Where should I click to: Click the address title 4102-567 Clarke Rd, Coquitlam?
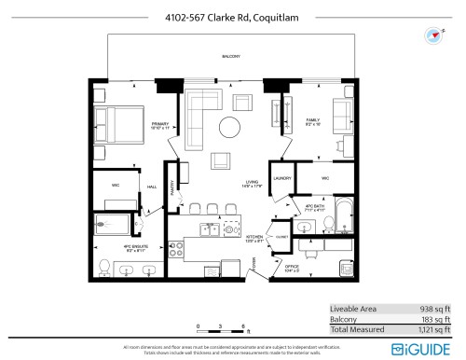232,15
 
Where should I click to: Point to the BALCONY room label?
231,57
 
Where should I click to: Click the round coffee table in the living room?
230,128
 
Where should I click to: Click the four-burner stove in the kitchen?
176,249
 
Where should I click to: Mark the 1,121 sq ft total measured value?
430,329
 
